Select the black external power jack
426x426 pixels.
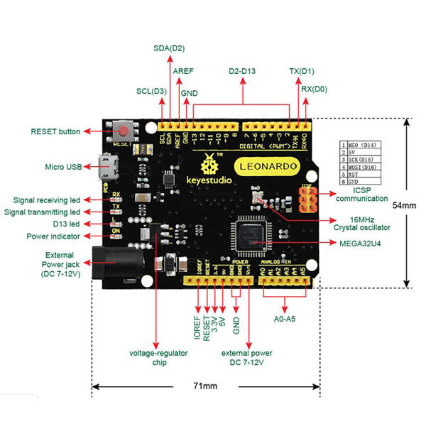coord(117,264)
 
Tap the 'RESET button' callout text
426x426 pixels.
coord(56,131)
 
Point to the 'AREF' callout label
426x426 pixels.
coord(184,71)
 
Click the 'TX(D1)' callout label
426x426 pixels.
coord(302,71)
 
